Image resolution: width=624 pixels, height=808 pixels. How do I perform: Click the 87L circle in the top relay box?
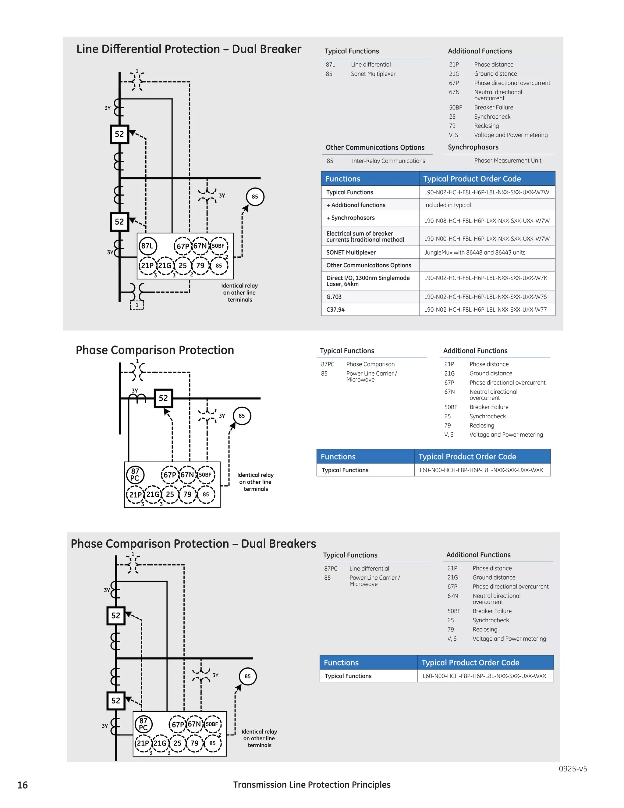pyautogui.click(x=147, y=246)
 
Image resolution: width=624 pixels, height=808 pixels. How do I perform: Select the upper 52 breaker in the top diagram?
pyautogui.click(x=119, y=134)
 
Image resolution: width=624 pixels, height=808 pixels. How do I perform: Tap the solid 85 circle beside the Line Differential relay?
pyautogui.click(x=255, y=196)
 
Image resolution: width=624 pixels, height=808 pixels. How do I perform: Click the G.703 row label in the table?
pyautogui.click(x=334, y=297)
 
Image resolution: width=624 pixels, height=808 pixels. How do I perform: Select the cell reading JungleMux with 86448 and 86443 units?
pyautogui.click(x=475, y=252)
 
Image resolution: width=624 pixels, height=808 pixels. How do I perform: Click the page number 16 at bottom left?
pyautogui.click(x=23, y=785)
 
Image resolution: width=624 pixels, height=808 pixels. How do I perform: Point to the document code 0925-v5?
pyautogui.click(x=573, y=768)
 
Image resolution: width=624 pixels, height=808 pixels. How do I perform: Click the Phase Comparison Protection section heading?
pyautogui.click(x=155, y=350)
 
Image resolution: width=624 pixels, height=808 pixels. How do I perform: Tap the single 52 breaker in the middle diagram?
pyautogui.click(x=163, y=399)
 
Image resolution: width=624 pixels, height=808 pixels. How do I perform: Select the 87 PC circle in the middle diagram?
pyautogui.click(x=135, y=475)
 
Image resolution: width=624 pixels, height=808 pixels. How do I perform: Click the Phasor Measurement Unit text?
pyautogui.click(x=508, y=161)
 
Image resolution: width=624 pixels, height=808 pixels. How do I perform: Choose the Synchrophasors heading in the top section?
pyautogui.click(x=473, y=147)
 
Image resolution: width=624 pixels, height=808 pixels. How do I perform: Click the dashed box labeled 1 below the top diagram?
pyautogui.click(x=137, y=305)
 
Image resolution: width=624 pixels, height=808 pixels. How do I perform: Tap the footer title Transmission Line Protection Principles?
pyautogui.click(x=312, y=785)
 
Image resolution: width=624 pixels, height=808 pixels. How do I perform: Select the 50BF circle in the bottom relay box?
pyautogui.click(x=212, y=724)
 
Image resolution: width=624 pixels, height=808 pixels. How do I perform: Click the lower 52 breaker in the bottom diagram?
pyautogui.click(x=116, y=701)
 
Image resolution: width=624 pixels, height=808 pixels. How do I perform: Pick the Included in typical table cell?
pyautogui.click(x=447, y=205)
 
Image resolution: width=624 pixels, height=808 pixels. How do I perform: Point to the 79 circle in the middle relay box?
pyautogui.click(x=188, y=494)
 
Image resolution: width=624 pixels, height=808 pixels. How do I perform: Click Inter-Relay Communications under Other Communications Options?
pyautogui.click(x=388, y=161)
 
